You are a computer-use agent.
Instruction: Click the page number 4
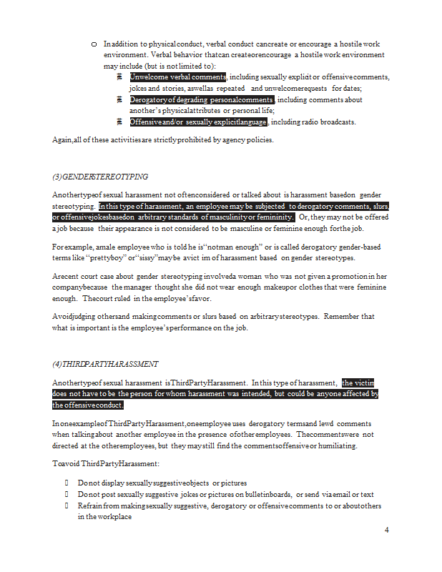[386, 530]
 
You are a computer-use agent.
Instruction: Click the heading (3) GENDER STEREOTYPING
[100, 177]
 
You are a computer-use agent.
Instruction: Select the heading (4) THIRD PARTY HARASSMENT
[105, 365]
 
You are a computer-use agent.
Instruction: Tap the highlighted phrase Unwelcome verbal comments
[177, 77]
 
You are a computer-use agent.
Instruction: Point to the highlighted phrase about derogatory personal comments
[201, 99]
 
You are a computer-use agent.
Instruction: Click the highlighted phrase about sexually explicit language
[198, 122]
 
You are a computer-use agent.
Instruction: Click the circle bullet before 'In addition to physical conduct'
[94, 44]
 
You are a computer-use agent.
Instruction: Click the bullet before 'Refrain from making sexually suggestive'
[67, 506]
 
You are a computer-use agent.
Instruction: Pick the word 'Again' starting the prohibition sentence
[62, 140]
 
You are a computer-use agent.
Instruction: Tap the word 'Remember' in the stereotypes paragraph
[336, 316]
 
